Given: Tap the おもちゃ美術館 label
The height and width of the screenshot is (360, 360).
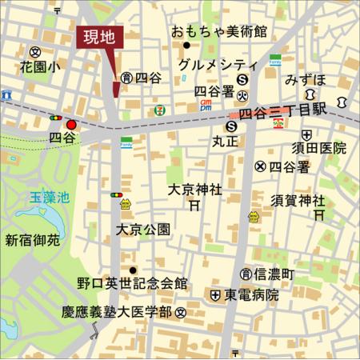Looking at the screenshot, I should click(219, 32).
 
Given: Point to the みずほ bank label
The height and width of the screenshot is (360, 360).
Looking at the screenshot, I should click(305, 81).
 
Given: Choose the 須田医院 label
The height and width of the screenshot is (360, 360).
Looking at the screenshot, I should click(318, 148).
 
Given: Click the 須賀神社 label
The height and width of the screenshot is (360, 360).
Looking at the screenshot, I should click(298, 199).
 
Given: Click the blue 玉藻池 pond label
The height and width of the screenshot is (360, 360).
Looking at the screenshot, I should click(49, 196).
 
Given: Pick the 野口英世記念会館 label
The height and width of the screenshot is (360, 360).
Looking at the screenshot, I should click(132, 283).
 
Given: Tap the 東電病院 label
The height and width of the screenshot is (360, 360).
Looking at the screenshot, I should click(251, 295).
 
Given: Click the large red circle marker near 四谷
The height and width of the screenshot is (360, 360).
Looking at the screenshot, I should click(72, 125).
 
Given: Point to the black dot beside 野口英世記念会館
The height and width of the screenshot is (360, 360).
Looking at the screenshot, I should click(132, 270).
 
